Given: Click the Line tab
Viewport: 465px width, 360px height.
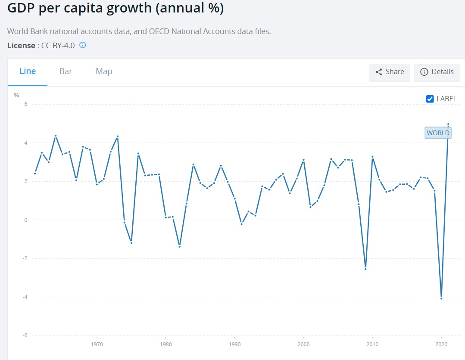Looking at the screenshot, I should tap(28, 71).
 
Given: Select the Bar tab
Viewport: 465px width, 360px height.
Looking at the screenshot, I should tap(66, 71).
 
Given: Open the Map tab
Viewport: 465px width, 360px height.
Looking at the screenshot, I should tap(104, 71).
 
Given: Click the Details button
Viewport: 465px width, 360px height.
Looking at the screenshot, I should tap(437, 72).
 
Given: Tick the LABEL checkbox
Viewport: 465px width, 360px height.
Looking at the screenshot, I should tap(430, 99).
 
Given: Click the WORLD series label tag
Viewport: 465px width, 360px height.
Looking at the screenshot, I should tap(438, 133).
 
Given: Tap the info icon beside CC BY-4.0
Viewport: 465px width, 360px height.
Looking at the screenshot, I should tap(83, 45).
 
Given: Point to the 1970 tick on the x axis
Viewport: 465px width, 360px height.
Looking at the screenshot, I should tap(97, 344).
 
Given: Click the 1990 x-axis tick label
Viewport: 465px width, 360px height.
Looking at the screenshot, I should tap(234, 344).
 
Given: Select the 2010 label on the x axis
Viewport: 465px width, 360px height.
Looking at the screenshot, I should tap(372, 344).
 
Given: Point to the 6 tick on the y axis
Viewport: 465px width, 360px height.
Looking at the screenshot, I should tap(25, 104).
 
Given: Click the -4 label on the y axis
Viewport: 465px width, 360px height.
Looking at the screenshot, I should tap(25, 297).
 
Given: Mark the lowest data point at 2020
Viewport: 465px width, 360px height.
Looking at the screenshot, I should tap(441, 298).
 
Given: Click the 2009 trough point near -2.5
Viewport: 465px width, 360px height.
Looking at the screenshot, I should tap(365, 269).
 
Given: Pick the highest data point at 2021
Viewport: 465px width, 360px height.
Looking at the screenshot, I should tap(448, 124).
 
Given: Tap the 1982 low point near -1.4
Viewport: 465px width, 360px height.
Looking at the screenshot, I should tap(179, 246).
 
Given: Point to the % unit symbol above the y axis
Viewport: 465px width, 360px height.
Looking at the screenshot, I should tap(16, 95).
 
